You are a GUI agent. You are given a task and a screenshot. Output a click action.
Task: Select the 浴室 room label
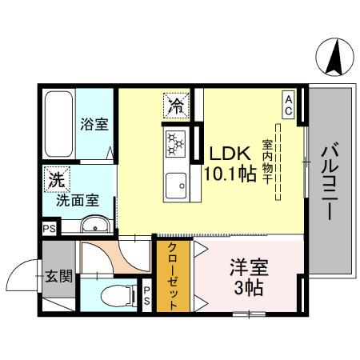(x=94, y=125)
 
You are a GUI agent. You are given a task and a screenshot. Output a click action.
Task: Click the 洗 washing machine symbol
(x=55, y=180)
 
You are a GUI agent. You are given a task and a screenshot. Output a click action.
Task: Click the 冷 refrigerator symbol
(x=176, y=104)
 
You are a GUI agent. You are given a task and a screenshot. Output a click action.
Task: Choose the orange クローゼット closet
(x=173, y=276)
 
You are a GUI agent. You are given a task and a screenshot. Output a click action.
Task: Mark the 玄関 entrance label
(x=58, y=276)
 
